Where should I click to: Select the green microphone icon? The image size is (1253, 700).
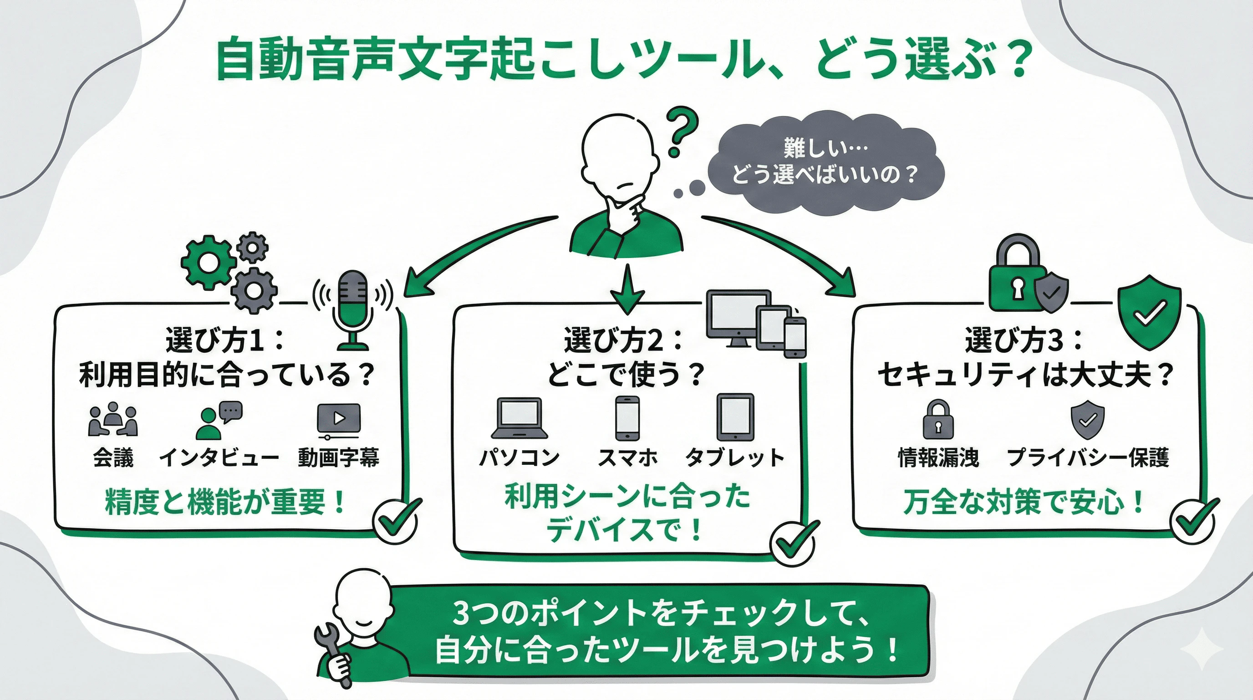(x=353, y=309)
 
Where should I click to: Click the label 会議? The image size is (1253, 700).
(x=113, y=458)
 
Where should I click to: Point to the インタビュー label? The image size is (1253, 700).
(x=219, y=458)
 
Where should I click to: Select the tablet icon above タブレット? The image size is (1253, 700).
(x=735, y=417)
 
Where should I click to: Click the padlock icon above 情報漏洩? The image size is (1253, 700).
(x=938, y=420)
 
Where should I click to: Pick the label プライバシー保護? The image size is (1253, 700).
(x=1088, y=458)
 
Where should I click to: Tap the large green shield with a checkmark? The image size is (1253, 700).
(x=1149, y=312)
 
